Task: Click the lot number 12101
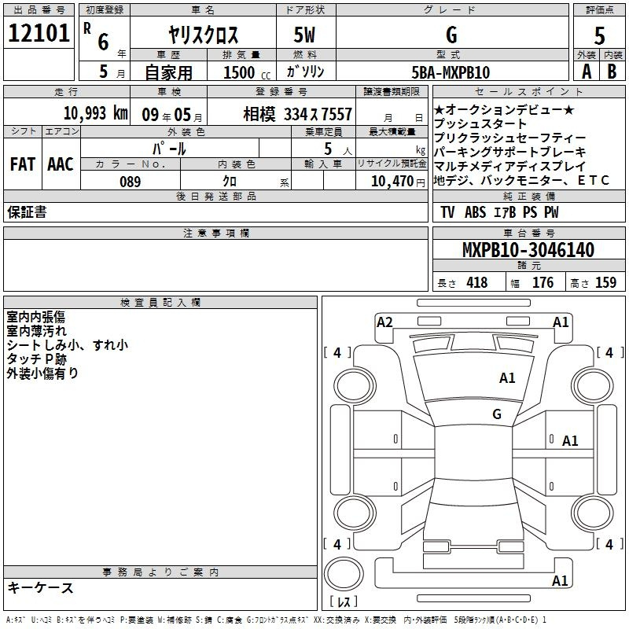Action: (39, 33)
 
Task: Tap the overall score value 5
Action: (599, 35)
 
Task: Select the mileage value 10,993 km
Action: (96, 113)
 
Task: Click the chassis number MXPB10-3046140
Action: (528, 249)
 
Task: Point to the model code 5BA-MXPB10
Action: (451, 72)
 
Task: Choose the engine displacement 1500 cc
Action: (247, 72)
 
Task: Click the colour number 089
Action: (131, 182)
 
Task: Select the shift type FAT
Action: (23, 164)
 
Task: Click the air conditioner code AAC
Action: (61, 164)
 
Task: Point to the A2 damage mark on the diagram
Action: (384, 322)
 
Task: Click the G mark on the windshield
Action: (497, 414)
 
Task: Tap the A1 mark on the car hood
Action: (507, 378)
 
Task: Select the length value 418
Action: (477, 282)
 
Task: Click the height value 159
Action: (605, 282)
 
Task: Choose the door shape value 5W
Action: (304, 35)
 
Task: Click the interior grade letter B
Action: (612, 72)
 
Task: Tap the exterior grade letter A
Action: (587, 72)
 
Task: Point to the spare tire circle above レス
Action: (344, 574)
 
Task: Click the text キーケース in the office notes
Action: (41, 588)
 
